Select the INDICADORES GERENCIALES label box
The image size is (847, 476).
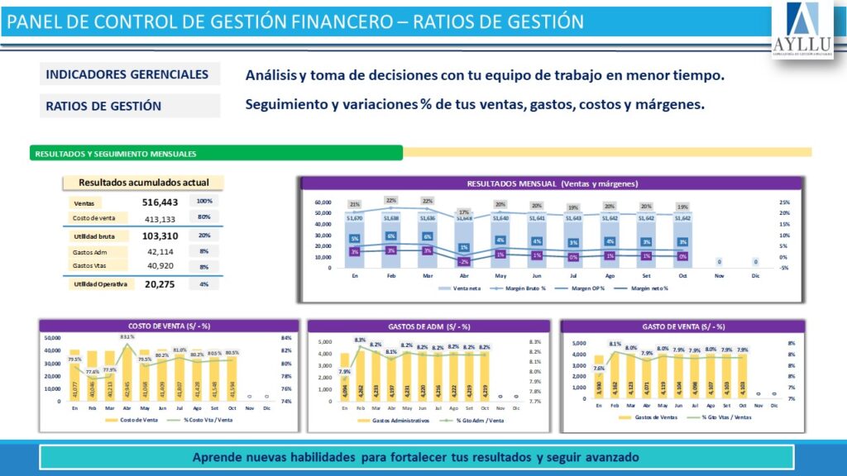pos(128,74)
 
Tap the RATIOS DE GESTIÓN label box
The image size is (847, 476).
pos(128,106)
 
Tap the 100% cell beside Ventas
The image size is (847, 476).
pos(204,202)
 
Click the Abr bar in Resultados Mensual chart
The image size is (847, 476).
pos(464,244)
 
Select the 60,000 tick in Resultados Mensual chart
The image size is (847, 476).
pos(323,202)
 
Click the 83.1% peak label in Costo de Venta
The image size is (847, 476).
pos(128,337)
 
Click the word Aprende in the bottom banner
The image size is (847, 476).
pos(217,457)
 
